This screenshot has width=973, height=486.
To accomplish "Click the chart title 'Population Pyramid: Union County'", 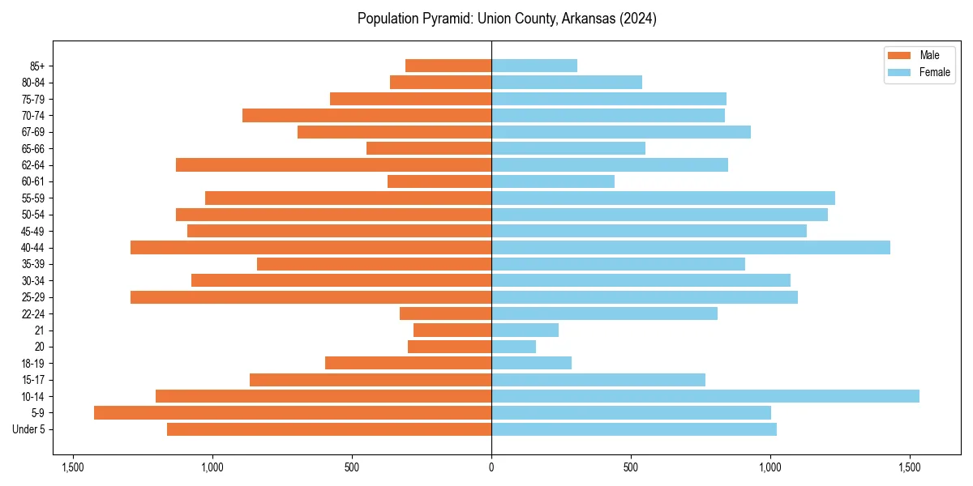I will tap(507, 19).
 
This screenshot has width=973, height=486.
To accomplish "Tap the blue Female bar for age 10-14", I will tap(705, 396).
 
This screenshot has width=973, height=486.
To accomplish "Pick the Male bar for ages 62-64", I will tap(333, 164).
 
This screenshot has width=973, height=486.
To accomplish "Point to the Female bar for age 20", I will tap(513, 347).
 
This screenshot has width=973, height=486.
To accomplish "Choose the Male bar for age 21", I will tap(452, 330).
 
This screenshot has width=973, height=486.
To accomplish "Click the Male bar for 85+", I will tap(448, 66).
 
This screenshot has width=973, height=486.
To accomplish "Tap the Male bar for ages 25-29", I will tap(311, 297).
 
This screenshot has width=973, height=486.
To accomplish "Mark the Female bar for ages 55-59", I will tap(663, 198).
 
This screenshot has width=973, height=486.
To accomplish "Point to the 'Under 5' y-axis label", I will tap(28, 429).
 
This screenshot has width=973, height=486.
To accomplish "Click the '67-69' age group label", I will tap(33, 132).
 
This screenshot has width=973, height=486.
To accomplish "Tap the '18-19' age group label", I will tap(33, 364).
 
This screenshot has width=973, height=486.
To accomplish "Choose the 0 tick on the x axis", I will tap(491, 467).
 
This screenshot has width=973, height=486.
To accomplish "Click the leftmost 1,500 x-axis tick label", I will tap(73, 467).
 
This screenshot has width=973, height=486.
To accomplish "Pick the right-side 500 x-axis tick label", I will tap(631, 467).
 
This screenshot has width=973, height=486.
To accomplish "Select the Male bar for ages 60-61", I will tap(439, 181).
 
